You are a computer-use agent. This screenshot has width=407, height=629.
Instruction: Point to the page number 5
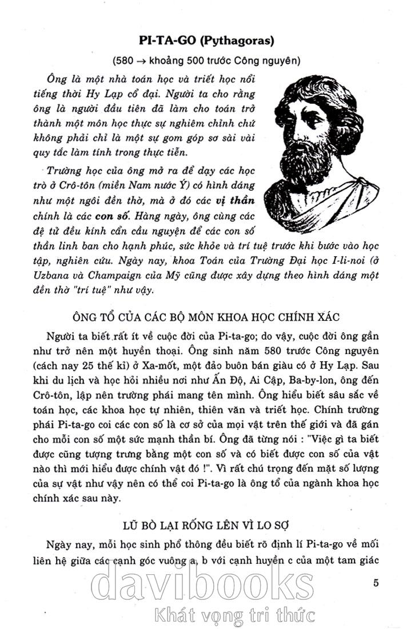tap(375, 583)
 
